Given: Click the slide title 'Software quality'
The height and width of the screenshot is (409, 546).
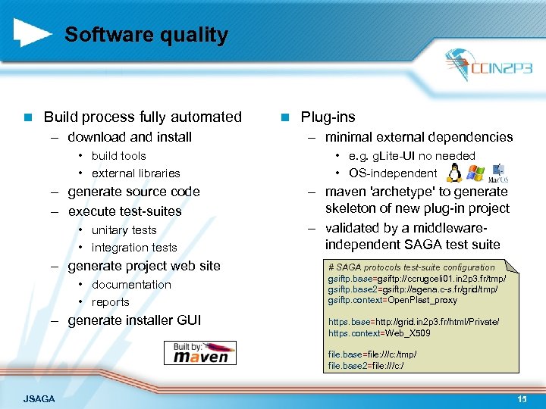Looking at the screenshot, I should coord(146,35).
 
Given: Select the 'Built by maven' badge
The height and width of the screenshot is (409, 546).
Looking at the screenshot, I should coord(197,353).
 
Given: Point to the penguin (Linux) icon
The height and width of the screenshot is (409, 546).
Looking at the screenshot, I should coord(454,173).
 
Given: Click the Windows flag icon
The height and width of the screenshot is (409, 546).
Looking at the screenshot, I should coord(475,173).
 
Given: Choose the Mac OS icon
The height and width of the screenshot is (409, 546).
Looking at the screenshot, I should coord(497,173).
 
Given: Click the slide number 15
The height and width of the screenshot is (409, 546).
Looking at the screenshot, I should coord(522,398).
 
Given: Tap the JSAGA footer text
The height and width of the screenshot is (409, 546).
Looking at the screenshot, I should coord(39,398).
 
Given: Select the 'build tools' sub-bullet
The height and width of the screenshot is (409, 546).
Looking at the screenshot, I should coord(118,156).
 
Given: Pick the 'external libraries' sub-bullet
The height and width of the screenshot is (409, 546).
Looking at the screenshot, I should coord(136,173).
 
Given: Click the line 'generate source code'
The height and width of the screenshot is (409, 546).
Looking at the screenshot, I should coord(133,192).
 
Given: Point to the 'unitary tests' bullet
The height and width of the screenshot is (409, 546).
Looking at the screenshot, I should coord(124,230).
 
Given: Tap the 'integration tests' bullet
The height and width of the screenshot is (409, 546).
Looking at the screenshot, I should coord(133,248).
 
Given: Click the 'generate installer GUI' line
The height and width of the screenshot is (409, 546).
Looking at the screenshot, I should coord(134,320).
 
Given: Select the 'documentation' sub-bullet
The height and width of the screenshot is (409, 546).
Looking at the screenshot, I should coord(131,285).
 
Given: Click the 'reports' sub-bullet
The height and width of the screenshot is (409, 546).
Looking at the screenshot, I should coord(110,302).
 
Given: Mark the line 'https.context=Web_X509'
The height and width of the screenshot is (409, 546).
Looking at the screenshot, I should coord(379,333).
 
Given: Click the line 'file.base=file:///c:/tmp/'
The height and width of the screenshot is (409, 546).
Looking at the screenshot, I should coord(372,354).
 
